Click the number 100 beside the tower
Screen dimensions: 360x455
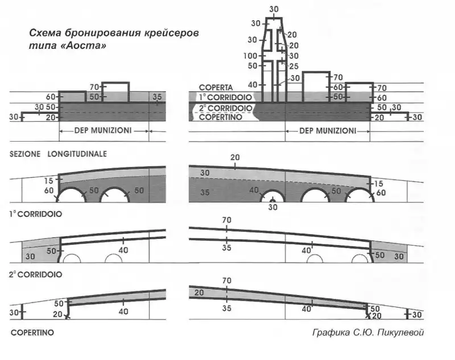(251, 56)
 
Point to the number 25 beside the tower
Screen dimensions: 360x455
(294, 66)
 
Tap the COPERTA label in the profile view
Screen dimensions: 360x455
(216, 87)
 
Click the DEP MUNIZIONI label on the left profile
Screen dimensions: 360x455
(104, 130)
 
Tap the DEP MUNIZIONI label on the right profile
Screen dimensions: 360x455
(328, 130)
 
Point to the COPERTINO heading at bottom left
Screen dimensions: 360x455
(31, 333)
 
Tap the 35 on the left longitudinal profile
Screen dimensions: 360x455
(157, 97)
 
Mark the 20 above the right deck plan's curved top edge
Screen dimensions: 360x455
(235, 157)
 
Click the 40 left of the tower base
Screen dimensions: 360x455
(253, 85)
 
